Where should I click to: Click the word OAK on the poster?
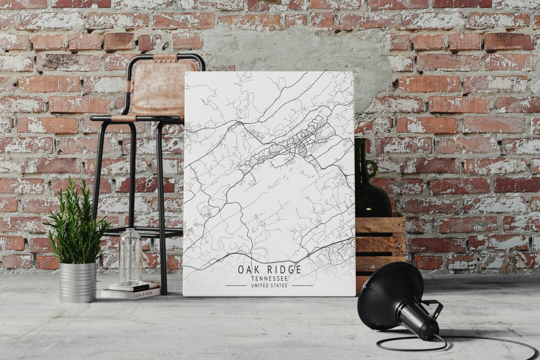pos(248,269)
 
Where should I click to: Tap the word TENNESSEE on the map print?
pos(269,278)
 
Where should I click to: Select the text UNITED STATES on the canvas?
pos(269,285)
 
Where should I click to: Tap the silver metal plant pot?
pos(77,282)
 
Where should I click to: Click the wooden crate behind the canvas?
pos(380,240)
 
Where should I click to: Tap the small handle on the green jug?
pos(371,168)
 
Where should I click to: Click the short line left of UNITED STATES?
pos(236,285)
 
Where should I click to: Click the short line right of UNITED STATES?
pos(302,285)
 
